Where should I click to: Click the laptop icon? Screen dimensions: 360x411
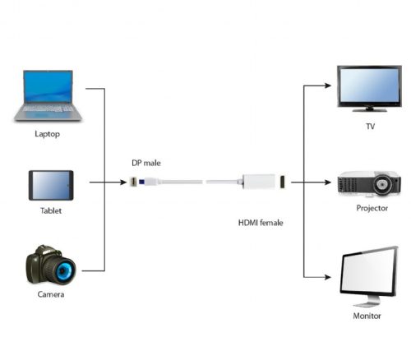(x=48, y=96)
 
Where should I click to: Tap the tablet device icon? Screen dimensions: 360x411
(x=51, y=185)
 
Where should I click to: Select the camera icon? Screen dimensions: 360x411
(x=50, y=265)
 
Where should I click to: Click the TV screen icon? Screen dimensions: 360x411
(x=369, y=87)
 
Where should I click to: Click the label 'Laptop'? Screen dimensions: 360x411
(x=48, y=133)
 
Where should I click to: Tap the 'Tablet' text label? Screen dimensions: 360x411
(x=51, y=211)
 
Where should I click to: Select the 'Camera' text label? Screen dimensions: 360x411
(x=50, y=293)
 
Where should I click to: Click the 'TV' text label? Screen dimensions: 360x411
(x=369, y=127)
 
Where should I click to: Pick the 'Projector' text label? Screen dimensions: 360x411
(x=372, y=209)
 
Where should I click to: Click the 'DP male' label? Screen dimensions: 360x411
(x=145, y=162)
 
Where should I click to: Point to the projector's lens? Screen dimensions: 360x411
(x=382, y=186)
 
